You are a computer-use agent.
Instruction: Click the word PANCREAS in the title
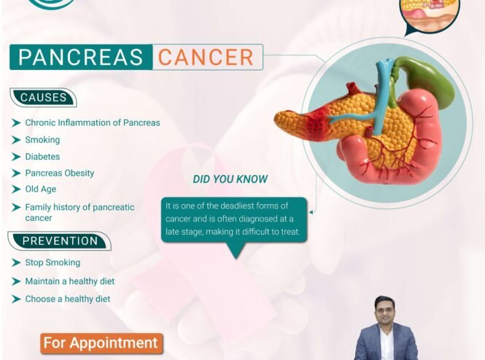[x=81, y=57]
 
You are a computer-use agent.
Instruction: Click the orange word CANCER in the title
[x=206, y=57]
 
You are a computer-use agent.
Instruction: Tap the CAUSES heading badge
[x=43, y=98]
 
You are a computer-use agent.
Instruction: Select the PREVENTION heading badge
[x=59, y=240]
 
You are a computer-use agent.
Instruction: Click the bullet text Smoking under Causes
[x=42, y=140]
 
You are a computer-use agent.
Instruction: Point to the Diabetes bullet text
[x=42, y=157]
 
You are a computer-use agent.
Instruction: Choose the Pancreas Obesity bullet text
[x=59, y=173]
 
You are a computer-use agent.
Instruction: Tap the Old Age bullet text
[x=41, y=189]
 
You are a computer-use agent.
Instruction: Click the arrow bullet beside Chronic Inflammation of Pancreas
[x=16, y=122]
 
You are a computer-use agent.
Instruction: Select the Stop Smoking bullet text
[x=53, y=262]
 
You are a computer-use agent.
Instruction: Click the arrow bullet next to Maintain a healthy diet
[x=16, y=281]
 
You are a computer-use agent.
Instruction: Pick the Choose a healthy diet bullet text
[x=67, y=299]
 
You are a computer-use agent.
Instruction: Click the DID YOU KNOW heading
[x=230, y=179]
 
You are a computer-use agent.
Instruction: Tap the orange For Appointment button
[x=102, y=343]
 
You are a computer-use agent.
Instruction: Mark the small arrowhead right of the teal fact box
[x=311, y=212]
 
